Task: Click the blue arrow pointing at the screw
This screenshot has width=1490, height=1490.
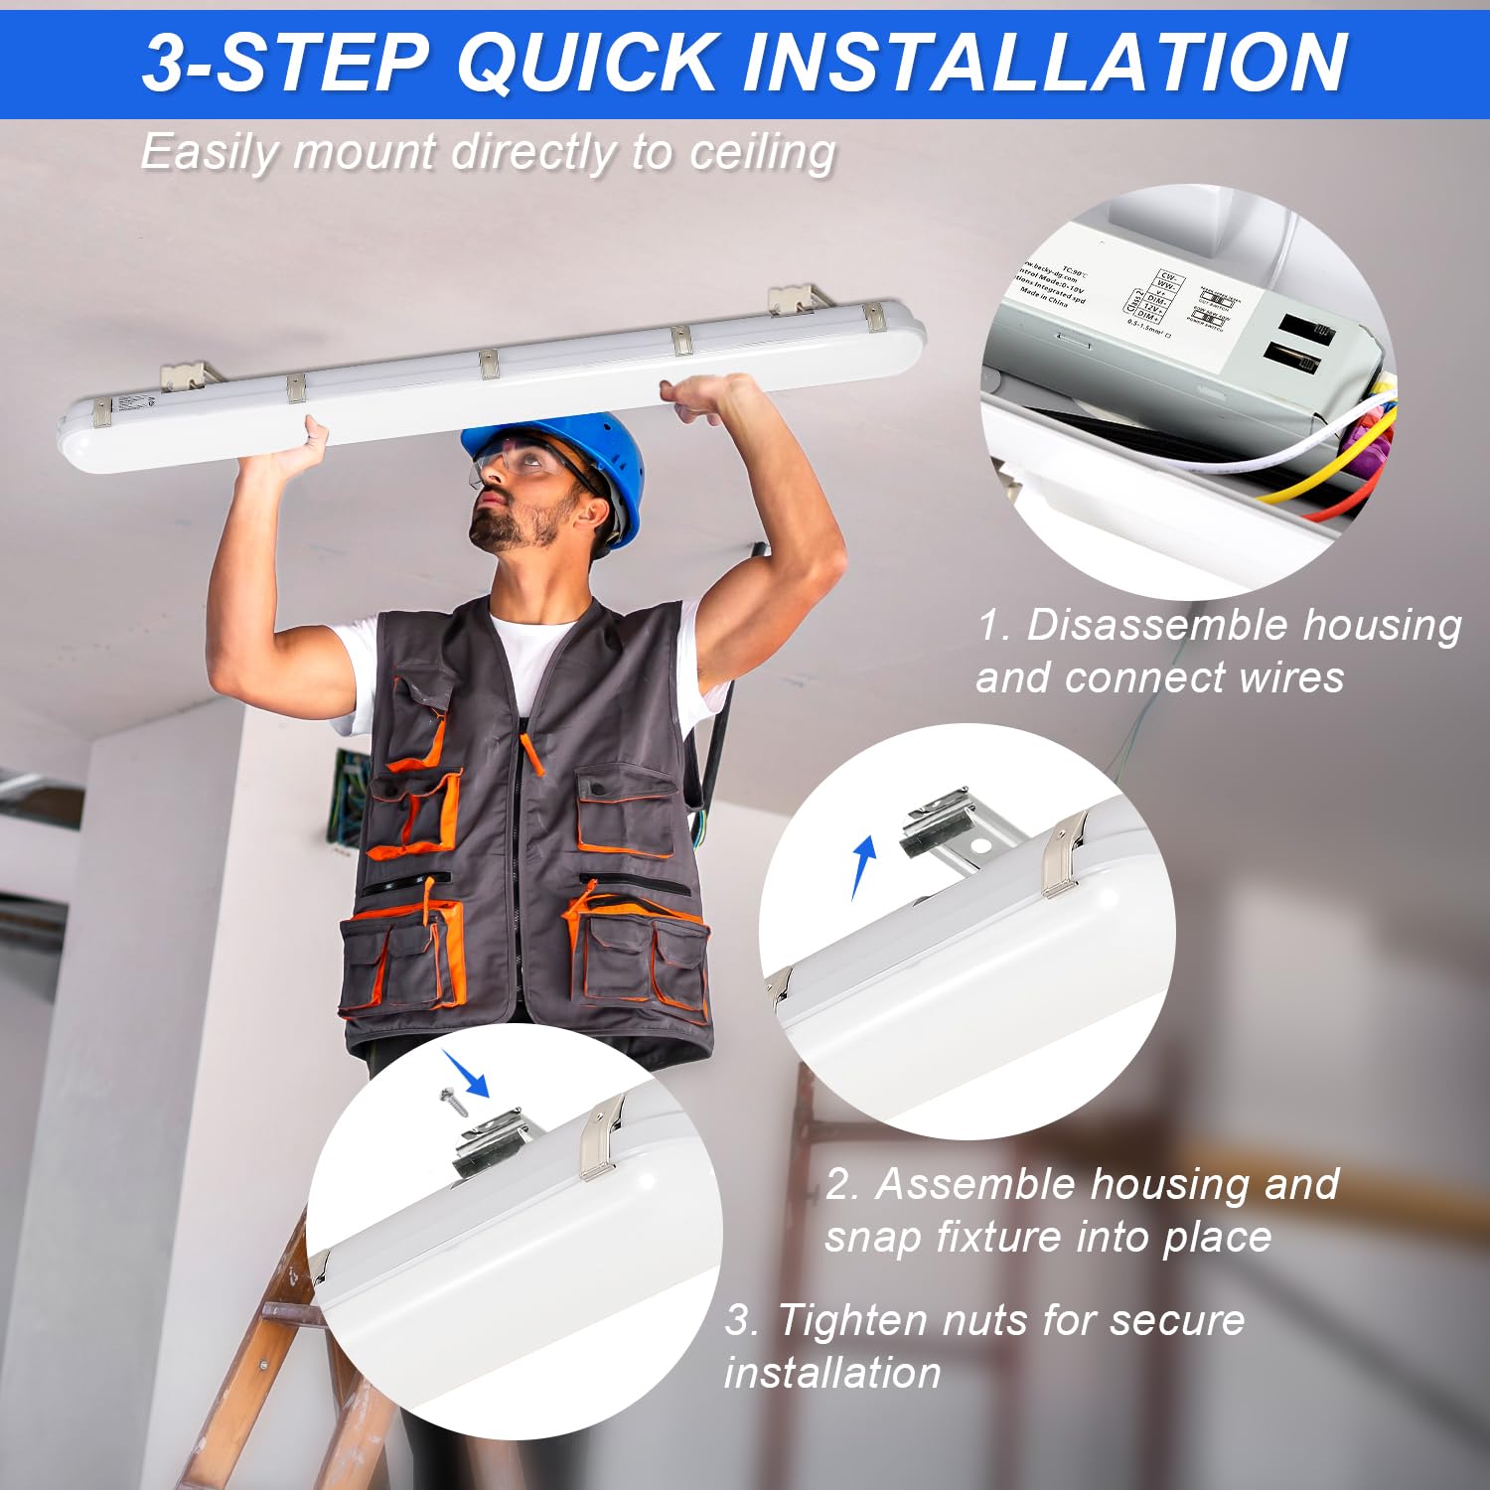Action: tap(467, 1073)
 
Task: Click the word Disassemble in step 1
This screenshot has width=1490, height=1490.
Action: tap(1156, 626)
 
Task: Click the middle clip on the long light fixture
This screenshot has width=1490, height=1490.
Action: tap(489, 363)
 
